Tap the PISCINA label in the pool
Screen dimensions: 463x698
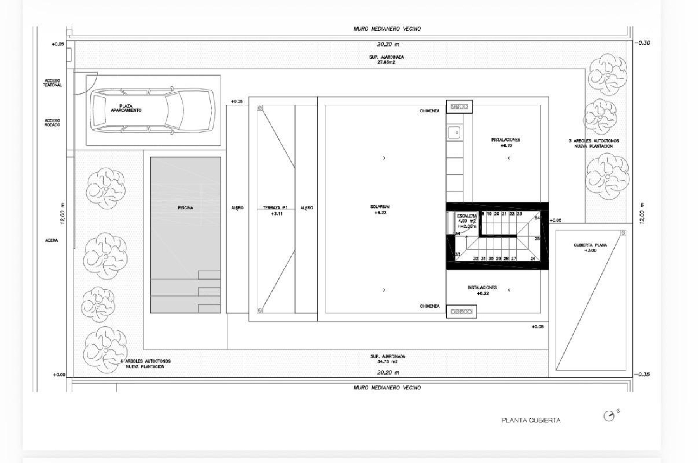[x=185, y=208]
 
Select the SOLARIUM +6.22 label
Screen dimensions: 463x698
[x=380, y=210]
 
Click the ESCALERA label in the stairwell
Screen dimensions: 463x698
[x=466, y=216]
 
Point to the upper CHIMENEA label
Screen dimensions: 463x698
[x=430, y=111]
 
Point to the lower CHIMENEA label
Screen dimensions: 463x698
[x=430, y=306]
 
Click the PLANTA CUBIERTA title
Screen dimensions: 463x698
[x=531, y=420]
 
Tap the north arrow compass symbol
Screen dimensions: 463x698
[x=609, y=416]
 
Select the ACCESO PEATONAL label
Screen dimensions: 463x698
[x=52, y=83]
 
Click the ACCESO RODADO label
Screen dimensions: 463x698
[x=52, y=123]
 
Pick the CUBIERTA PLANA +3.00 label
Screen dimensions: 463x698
[x=590, y=247]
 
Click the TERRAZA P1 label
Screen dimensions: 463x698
[x=275, y=211]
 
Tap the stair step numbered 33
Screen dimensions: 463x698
[x=457, y=254]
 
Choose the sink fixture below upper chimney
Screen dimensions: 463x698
[x=454, y=133]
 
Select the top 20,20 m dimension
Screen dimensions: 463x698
[x=388, y=45]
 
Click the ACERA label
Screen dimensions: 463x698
[x=52, y=240]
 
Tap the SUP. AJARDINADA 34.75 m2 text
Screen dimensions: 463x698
[x=388, y=359]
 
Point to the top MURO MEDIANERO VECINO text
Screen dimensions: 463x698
[x=387, y=29]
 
